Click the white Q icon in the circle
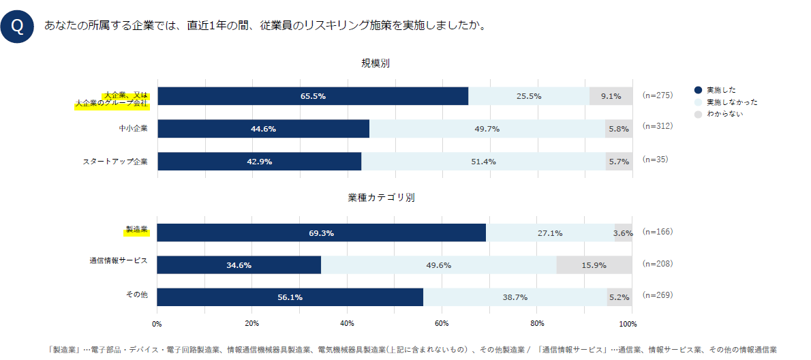coord(18,27)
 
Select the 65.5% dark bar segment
coord(313,96)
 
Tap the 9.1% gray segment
coord(611,96)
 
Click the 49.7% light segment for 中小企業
coord(487,129)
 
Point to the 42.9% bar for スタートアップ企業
coord(259,162)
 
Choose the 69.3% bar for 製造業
coord(321,232)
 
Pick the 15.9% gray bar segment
coord(594,265)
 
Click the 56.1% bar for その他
coord(290,297)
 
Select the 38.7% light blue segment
coord(515,297)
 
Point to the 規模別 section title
coord(375,63)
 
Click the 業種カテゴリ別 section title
coord(381,198)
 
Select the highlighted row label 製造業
coord(136,230)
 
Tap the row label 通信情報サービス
coord(118,260)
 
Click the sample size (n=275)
coord(657,95)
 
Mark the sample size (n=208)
coord(657,263)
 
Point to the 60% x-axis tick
coord(442,323)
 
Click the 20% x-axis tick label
coord(251,323)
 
